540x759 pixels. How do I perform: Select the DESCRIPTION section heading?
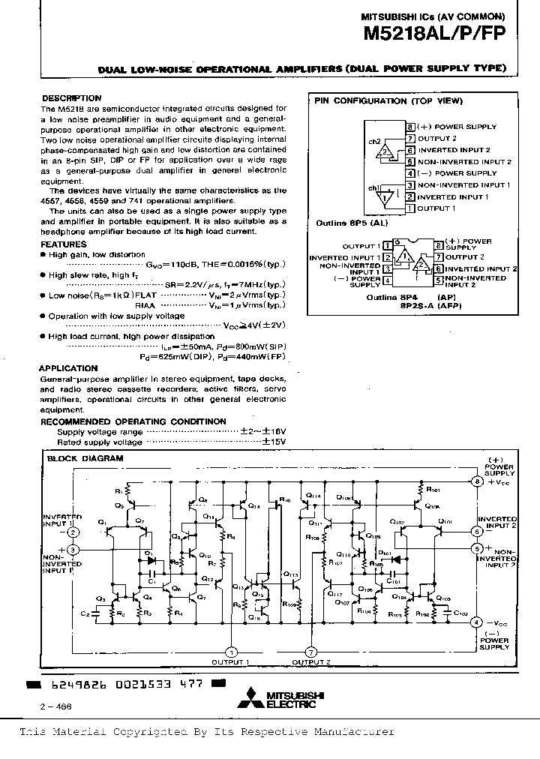71,98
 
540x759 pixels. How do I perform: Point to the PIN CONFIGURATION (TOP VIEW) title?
388,100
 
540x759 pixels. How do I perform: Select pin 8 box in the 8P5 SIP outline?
410,127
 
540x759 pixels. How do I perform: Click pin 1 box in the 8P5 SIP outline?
410,208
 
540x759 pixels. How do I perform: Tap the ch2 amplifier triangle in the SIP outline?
386,152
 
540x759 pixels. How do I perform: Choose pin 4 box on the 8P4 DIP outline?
387,280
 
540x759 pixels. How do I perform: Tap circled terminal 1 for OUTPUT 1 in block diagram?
231,651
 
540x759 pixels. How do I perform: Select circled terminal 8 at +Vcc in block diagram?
476,481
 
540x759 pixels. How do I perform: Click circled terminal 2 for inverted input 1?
73,532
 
